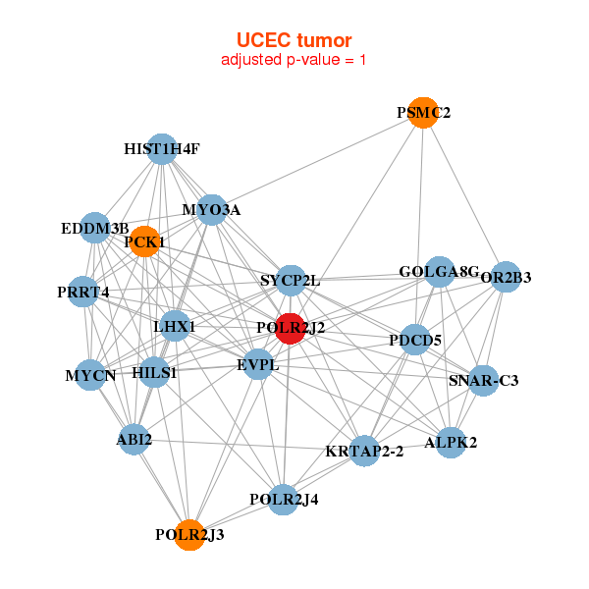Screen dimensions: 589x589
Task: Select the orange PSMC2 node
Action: point(422,113)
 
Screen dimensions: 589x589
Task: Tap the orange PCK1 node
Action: point(144,241)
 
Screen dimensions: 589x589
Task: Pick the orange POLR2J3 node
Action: point(189,535)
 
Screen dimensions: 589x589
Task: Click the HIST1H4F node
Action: point(162,149)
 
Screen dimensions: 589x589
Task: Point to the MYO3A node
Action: point(212,210)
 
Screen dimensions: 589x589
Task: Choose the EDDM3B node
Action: point(94,229)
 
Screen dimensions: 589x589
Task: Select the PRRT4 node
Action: point(83,292)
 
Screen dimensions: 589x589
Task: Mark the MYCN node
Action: point(90,375)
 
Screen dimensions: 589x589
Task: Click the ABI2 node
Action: point(134,439)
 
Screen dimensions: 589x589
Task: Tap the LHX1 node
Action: point(175,326)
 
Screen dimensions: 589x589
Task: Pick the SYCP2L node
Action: point(291,281)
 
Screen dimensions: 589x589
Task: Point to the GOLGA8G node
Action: point(438,272)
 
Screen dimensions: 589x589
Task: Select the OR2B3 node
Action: point(505,277)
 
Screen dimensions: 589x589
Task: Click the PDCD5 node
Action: point(416,340)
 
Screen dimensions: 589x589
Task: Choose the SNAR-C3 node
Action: point(483,380)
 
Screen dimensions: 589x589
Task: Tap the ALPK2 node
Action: point(451,443)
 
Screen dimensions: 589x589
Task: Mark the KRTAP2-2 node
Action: point(365,452)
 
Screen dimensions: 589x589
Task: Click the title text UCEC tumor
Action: point(294,40)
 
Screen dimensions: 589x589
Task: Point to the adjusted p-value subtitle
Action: point(294,60)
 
